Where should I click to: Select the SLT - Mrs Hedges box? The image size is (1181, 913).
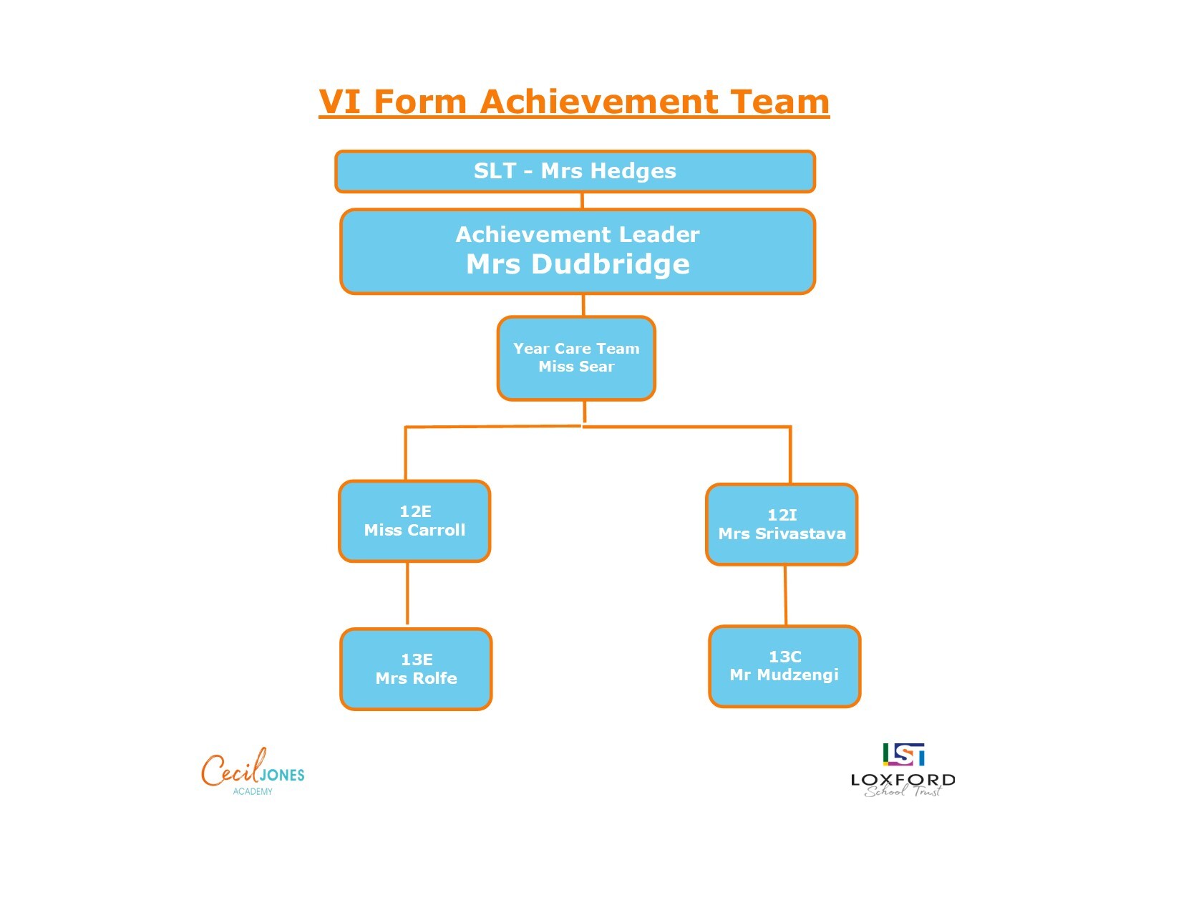tap(575, 171)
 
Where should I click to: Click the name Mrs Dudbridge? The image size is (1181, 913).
tap(578, 264)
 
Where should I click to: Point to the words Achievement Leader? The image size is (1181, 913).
tap(577, 234)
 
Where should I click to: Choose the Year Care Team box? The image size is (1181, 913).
tap(576, 358)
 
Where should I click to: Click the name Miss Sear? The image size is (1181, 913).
tap(576, 367)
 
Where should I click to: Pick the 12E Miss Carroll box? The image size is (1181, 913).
tap(414, 521)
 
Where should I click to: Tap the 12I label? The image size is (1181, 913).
tap(782, 514)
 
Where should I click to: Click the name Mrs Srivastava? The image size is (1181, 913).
tap(782, 533)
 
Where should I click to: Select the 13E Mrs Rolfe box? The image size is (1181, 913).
tap(416, 669)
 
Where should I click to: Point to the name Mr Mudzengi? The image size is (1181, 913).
tap(784, 675)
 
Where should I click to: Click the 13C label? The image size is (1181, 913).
tap(784, 657)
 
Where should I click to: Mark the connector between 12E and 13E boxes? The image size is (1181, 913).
tap(407, 594)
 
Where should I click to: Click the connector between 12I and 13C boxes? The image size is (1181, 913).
tap(785, 596)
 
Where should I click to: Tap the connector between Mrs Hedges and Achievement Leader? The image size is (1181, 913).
tap(582, 201)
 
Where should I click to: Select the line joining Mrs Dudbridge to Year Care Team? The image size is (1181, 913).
tap(583, 305)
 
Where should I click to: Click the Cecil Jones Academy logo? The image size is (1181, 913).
tap(253, 771)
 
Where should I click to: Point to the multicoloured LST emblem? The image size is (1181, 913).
tap(903, 754)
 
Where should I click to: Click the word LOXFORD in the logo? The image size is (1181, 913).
tap(903, 780)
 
